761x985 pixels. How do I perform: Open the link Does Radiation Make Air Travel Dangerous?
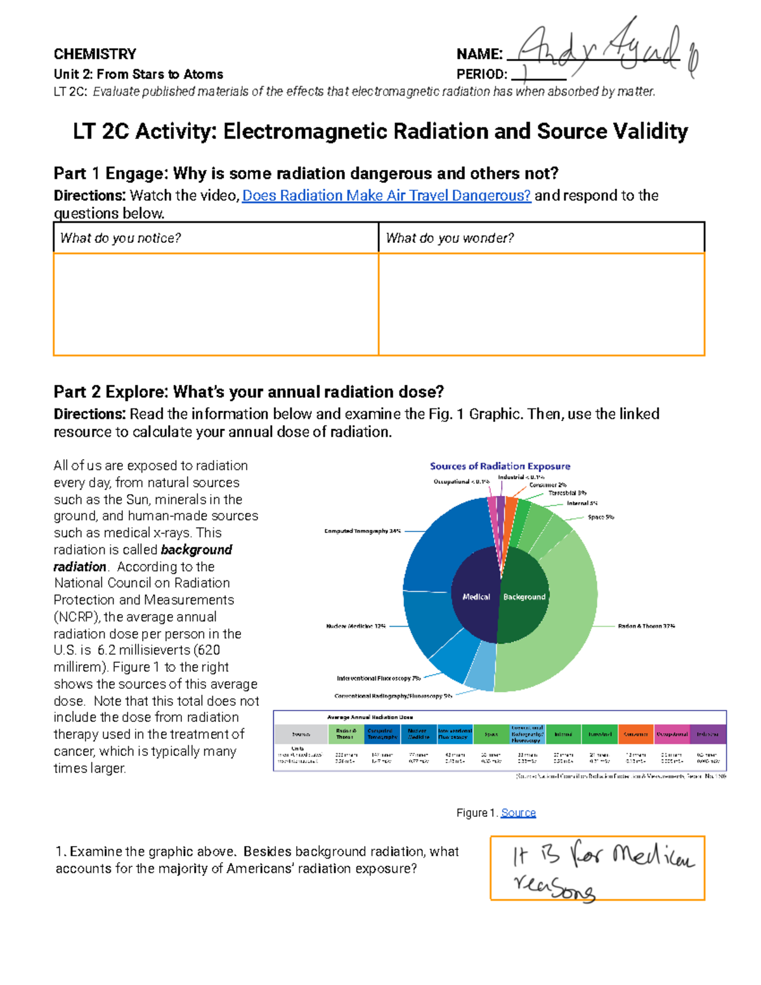coord(386,195)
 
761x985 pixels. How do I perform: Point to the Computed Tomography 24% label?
coord(362,531)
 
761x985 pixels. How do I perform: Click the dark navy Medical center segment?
coord(476,596)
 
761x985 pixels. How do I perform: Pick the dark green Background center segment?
coord(524,596)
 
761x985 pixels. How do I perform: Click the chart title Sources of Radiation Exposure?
coord(500,466)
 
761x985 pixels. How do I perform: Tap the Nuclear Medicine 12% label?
coord(356,626)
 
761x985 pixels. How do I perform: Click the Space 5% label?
coord(600,517)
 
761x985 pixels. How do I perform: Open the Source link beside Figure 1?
coord(518,813)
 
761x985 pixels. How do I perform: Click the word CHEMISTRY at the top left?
coord(95,54)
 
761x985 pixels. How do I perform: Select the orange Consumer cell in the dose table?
coord(635,734)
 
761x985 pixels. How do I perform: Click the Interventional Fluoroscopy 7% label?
coord(378,678)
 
